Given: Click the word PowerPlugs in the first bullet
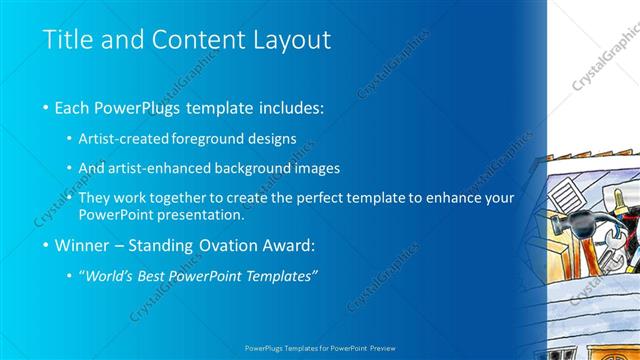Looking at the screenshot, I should coord(138,107).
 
